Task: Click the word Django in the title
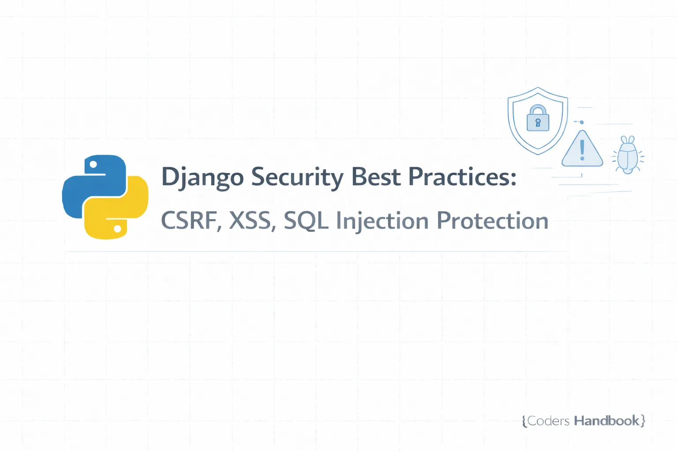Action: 202,177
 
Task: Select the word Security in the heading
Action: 297,177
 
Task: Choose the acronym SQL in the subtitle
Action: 306,221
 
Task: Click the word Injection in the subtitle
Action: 382,221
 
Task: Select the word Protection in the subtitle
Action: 492,221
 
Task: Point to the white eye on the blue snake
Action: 93,165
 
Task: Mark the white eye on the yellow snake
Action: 118,229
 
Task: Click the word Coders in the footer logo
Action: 548,421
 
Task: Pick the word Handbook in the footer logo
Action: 606,421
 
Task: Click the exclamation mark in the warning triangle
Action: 582,150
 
